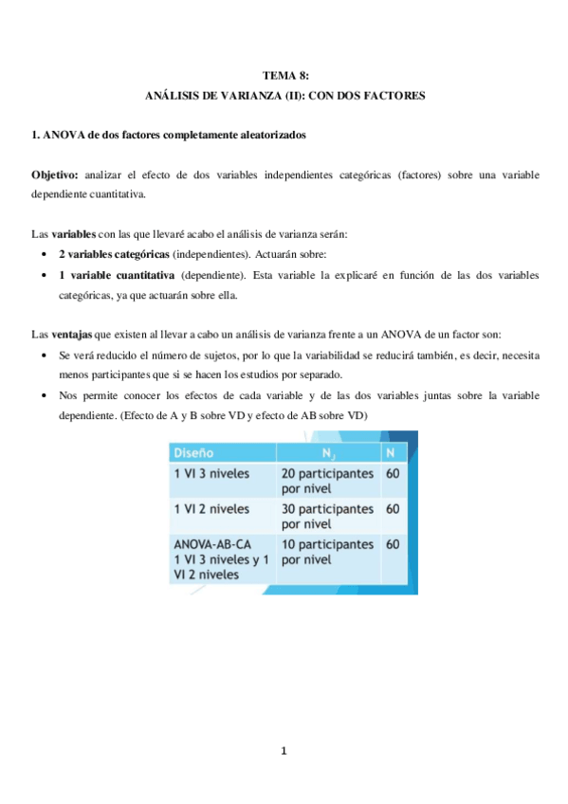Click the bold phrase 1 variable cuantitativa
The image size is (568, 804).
(x=117, y=275)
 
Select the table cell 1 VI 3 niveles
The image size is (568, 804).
(x=209, y=471)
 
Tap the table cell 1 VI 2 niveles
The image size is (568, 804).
(x=209, y=508)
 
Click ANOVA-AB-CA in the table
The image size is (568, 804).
(x=213, y=545)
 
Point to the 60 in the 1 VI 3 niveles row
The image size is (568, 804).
(x=393, y=471)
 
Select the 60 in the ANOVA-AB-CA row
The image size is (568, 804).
(x=393, y=545)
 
